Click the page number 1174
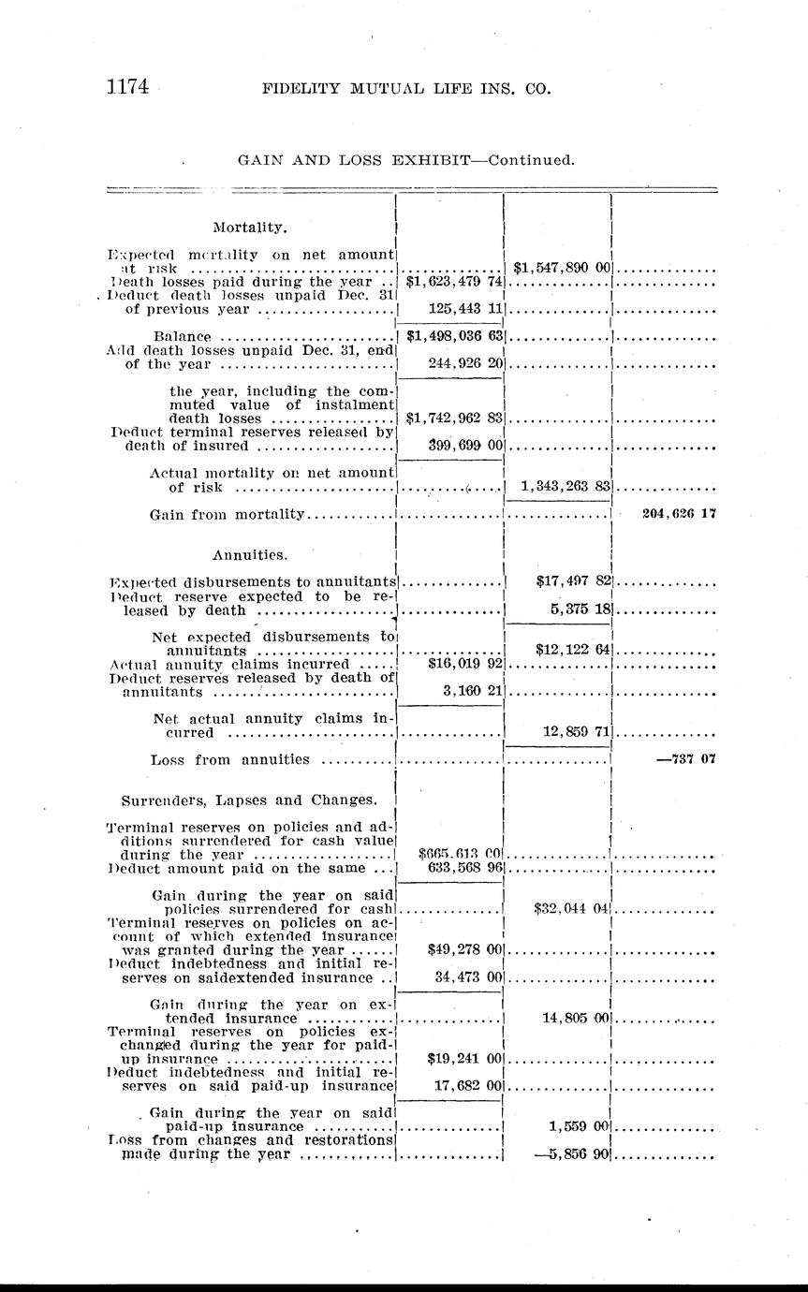pos(126,89)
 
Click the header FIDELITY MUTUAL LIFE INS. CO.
pos(406,90)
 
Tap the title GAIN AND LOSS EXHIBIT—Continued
pos(406,160)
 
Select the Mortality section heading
pos(250,227)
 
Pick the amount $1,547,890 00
pos(559,268)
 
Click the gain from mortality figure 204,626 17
pos(679,513)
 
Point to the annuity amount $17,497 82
pos(573,581)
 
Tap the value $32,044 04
pos(572,907)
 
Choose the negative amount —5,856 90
pos(572,1154)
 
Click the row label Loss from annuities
pos(229,759)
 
